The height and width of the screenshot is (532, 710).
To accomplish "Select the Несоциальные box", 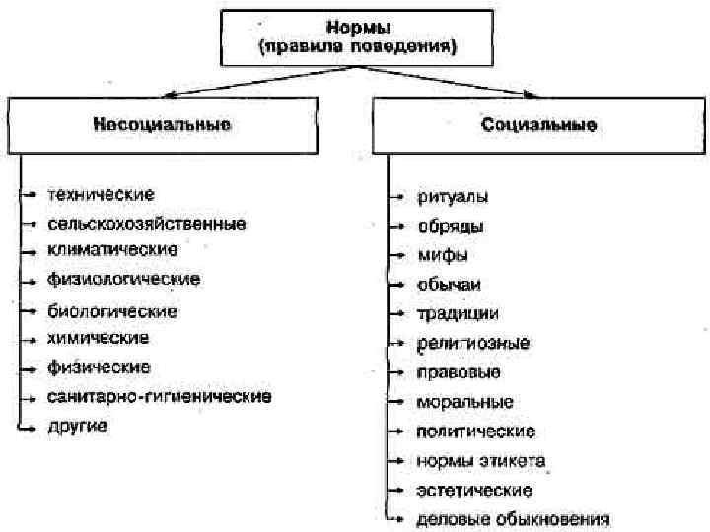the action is pos(163,125).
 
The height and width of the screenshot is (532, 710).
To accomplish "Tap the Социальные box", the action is pos(537,125).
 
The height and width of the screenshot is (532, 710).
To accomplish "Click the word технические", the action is pos(102,194).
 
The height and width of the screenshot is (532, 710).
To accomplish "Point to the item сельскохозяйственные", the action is pos(147,223).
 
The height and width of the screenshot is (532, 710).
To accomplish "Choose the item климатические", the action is pos(112,249).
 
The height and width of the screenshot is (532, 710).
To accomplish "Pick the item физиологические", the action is pos(123,279).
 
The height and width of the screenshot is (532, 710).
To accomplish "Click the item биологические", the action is pos(112,310).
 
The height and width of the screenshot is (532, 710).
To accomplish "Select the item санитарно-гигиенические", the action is pos(159,396).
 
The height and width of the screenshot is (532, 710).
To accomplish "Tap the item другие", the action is pos(78,426).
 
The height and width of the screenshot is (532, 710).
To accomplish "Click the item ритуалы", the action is pos(453,196).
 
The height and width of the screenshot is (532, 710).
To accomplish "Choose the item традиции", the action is pos(458,313).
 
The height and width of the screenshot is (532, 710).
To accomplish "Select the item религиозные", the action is pos(473,343).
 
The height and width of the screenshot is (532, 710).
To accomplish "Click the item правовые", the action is pos(460,372).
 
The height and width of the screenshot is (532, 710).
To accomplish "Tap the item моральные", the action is pos(464,402).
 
